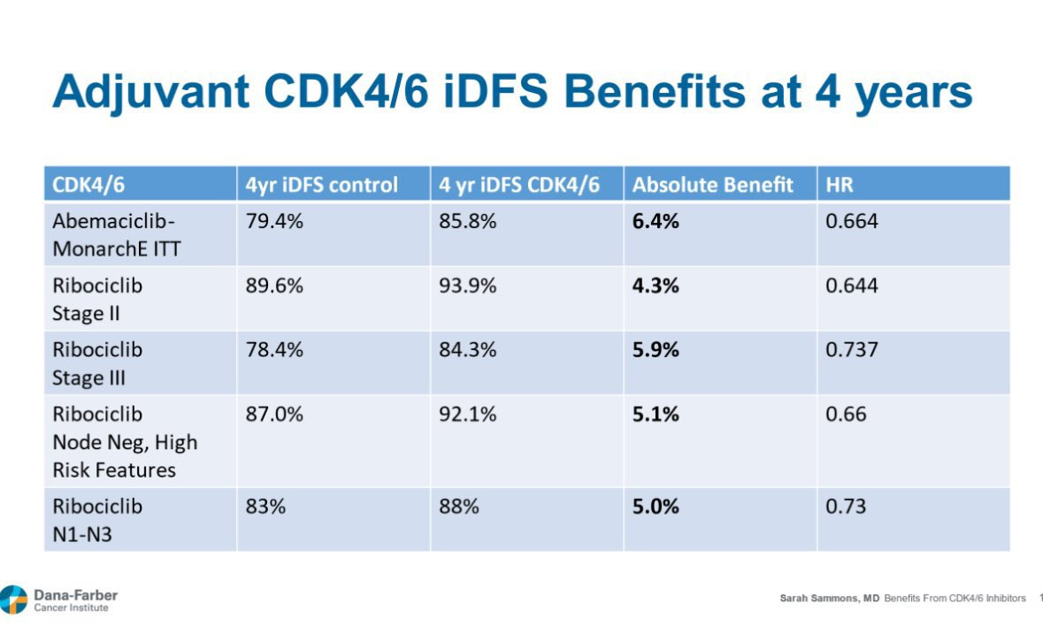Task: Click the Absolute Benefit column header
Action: coord(712,186)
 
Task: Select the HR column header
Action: coord(839,186)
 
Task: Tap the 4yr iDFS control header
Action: coord(322,186)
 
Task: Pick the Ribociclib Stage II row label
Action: coord(97,299)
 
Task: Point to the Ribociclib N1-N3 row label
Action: coord(97,520)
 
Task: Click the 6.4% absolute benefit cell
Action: coord(656,222)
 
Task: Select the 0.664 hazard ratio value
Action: coord(852,222)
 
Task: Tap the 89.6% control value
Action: coord(274,286)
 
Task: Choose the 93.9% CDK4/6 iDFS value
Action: coord(468,286)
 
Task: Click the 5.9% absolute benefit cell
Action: coord(656,350)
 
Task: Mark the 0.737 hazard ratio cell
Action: coord(852,350)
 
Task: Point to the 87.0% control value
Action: coord(274,415)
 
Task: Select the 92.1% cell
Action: coord(468,415)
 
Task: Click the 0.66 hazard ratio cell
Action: coord(846,415)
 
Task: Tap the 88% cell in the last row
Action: coord(459,508)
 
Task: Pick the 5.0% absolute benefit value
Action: coord(656,508)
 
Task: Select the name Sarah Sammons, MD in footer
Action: coord(830,599)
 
